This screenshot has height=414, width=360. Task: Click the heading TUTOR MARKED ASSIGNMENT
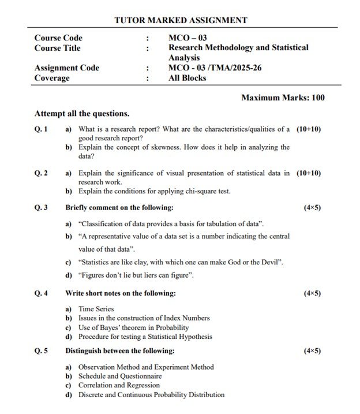pyautogui.click(x=181, y=20)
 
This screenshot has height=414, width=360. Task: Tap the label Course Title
pyautogui.click(x=57, y=48)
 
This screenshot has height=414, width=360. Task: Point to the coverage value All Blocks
pyautogui.click(x=187, y=78)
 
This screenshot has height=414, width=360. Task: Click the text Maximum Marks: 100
pyautogui.click(x=283, y=98)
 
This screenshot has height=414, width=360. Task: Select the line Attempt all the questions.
pyautogui.click(x=81, y=114)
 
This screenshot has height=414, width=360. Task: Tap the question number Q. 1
pyautogui.click(x=41, y=129)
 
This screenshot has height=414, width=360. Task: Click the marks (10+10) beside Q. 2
pyautogui.click(x=309, y=173)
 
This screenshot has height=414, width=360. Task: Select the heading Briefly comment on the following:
pyautogui.click(x=119, y=207)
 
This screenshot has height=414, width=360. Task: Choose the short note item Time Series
pyautogui.click(x=96, y=309)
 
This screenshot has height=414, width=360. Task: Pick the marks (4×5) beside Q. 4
pyautogui.click(x=312, y=293)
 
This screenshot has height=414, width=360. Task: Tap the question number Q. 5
pyautogui.click(x=41, y=350)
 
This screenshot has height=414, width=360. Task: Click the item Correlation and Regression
pyautogui.click(x=119, y=385)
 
